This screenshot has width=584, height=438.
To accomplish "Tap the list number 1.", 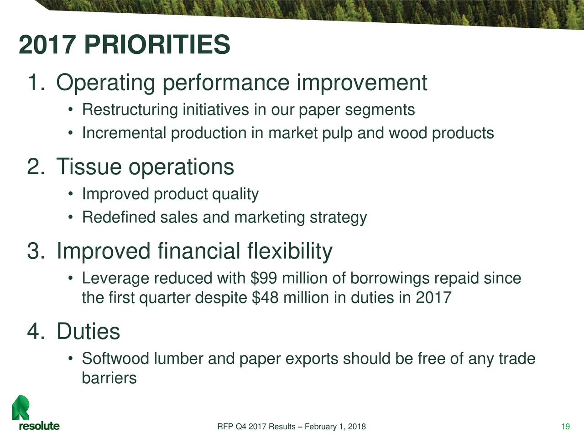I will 35,83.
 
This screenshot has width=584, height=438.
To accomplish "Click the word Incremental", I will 124,133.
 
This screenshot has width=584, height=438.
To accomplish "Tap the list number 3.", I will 35,251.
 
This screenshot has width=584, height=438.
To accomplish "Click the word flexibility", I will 290,251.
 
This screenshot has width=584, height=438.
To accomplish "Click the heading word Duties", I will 89,331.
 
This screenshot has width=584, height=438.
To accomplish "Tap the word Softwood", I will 115,359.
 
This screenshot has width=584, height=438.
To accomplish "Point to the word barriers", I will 109,378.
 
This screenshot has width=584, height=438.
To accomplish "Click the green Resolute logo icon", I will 21,407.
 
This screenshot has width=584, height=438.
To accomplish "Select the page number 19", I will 565,427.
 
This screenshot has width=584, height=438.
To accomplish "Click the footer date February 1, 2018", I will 334,427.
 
